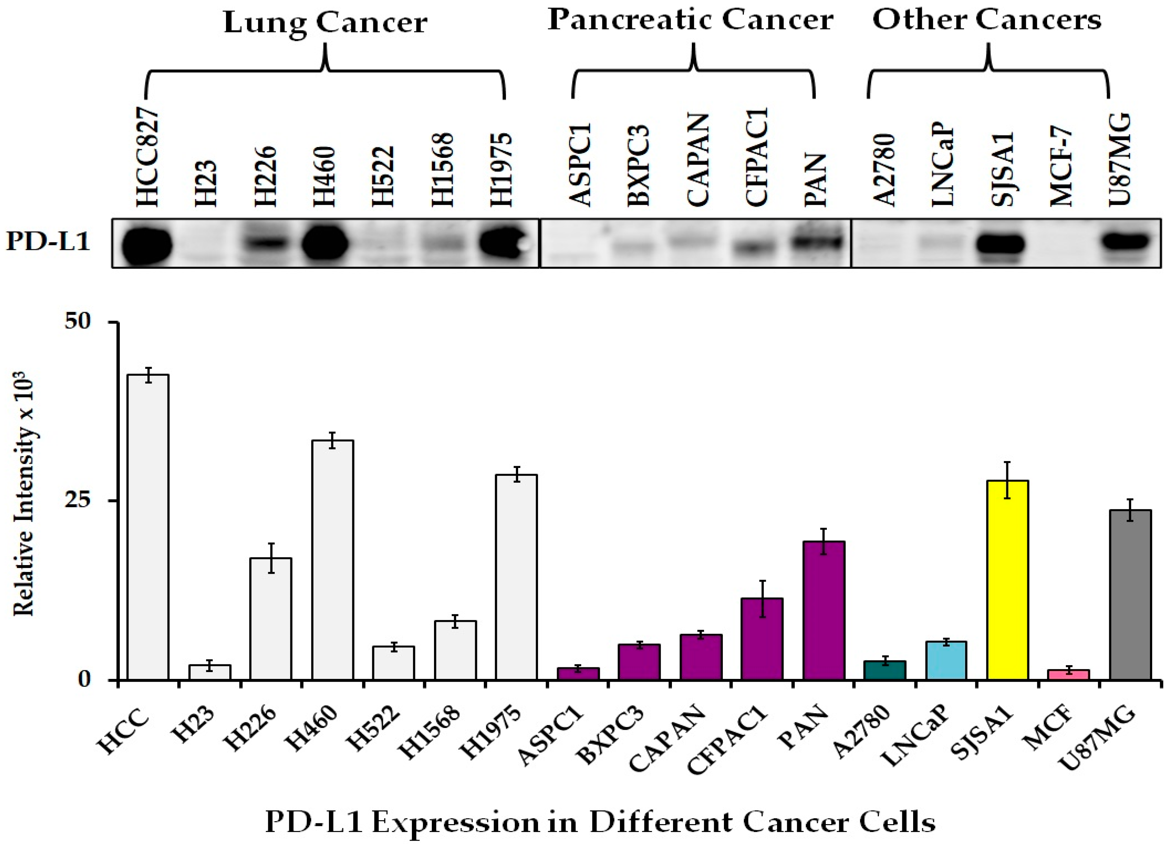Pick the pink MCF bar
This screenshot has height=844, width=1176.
coord(1069,675)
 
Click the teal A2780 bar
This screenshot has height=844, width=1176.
coord(885,670)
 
